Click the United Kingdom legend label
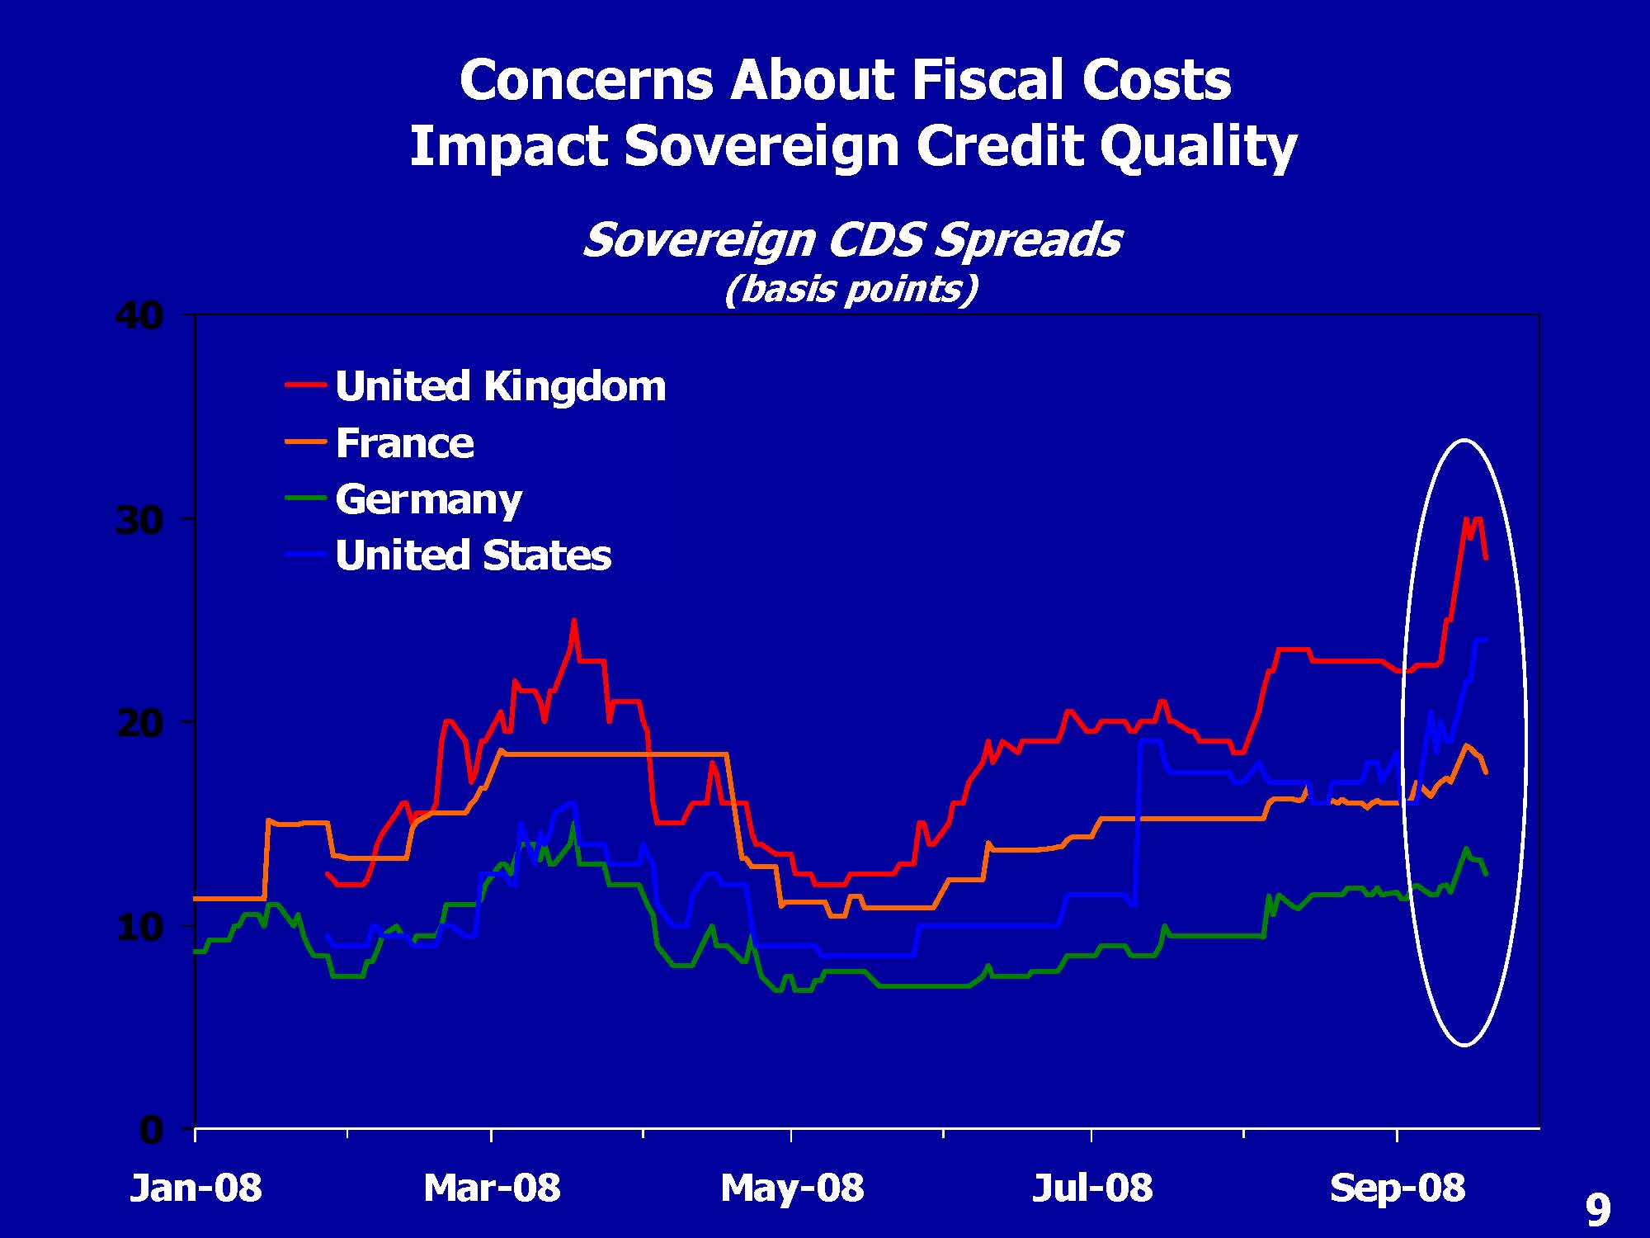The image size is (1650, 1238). pos(500,386)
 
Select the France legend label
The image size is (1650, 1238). pos(404,443)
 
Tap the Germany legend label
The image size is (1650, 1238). pos(428,499)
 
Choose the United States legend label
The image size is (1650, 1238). pos(473,555)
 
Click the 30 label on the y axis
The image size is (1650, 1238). pos(139,520)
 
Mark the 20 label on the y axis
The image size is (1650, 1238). pos(139,724)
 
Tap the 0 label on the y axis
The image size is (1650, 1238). pos(151,1130)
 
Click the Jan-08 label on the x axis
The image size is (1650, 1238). pos(196,1188)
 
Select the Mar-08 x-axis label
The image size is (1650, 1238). pos(492,1188)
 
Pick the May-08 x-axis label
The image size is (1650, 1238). pos(792,1188)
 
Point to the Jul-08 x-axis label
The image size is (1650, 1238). pos(1092,1188)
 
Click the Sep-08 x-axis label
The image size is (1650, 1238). pos(1398,1188)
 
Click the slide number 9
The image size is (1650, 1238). pos(1598,1211)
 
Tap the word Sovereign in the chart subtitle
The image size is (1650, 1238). pos(698,240)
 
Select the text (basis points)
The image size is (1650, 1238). pos(851,289)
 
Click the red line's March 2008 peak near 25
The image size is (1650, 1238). pos(574,621)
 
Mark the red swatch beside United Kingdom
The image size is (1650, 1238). pos(305,385)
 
